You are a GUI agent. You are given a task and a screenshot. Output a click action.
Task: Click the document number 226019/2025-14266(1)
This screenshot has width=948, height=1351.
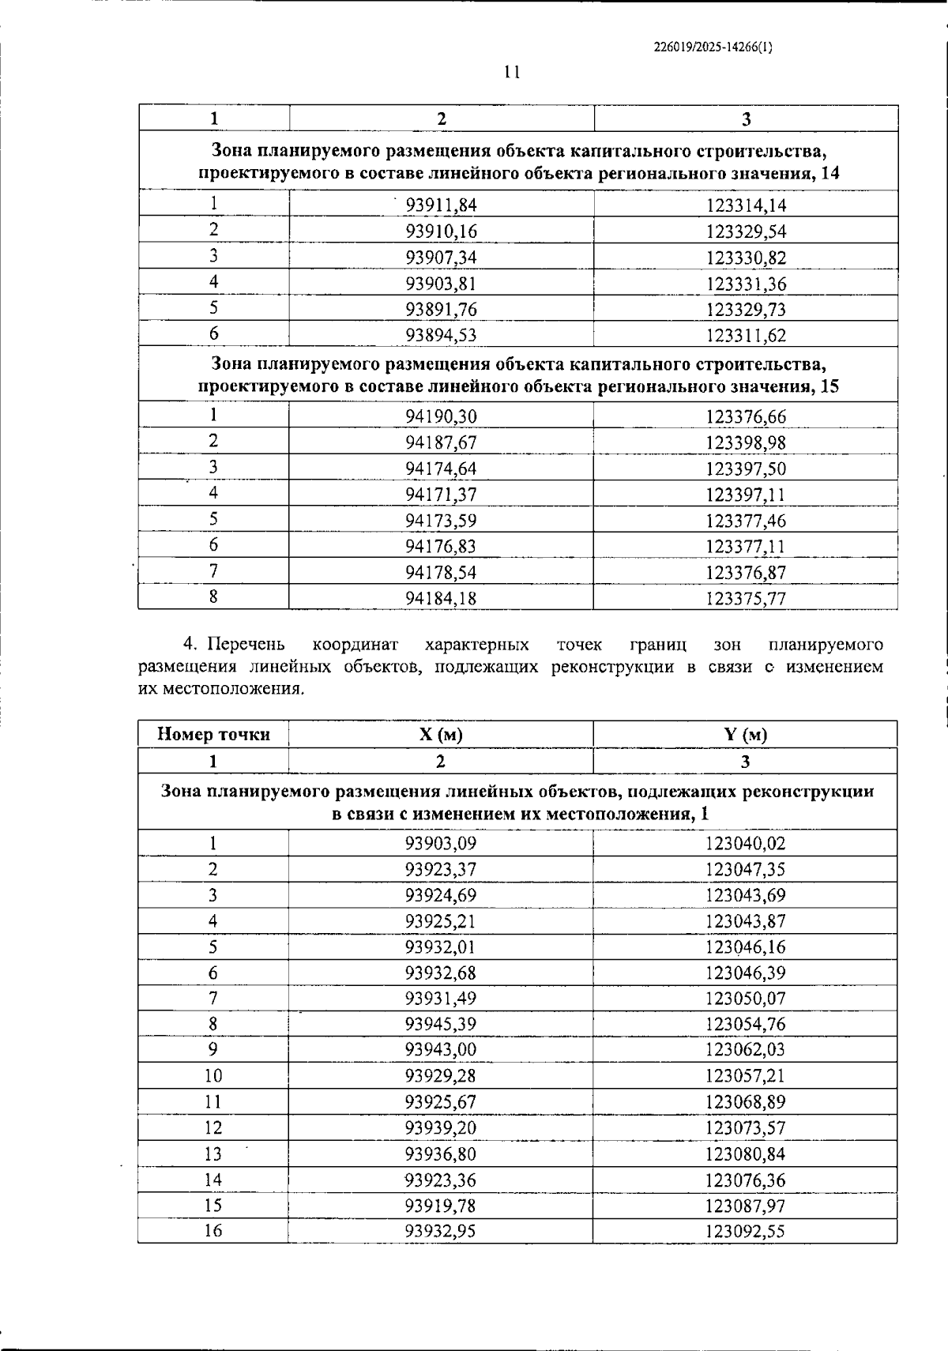pyautogui.click(x=713, y=47)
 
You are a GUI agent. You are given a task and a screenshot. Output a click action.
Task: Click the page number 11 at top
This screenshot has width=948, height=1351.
pyautogui.click(x=511, y=73)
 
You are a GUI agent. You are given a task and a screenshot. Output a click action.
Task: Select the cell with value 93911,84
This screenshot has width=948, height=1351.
pyautogui.click(x=441, y=205)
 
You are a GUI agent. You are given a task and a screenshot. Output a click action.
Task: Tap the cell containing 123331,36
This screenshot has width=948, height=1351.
pyautogui.click(x=746, y=284)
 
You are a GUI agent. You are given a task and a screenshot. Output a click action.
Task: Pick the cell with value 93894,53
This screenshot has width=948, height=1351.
pyautogui.click(x=441, y=335)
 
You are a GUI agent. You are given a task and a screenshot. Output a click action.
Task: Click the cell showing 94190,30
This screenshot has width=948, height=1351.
pyautogui.click(x=441, y=416)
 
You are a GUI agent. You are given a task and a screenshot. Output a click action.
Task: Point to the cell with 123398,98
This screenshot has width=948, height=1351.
pyautogui.click(x=746, y=442)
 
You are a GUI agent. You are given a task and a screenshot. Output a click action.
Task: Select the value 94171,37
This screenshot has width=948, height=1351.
pyautogui.click(x=441, y=495)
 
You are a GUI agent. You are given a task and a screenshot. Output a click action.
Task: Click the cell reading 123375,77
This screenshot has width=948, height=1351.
pyautogui.click(x=746, y=598)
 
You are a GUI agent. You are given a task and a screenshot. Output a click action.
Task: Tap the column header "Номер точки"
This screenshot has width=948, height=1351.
pyautogui.click(x=213, y=735)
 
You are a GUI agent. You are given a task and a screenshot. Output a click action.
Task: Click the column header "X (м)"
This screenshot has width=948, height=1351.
pyautogui.click(x=441, y=735)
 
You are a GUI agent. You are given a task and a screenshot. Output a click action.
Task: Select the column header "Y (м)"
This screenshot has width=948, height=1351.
pyautogui.click(x=745, y=735)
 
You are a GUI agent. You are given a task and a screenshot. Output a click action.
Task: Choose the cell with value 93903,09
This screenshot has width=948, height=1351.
pyautogui.click(x=441, y=843)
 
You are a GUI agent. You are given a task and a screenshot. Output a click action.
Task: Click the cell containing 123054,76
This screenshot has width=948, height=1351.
pyautogui.click(x=745, y=1025)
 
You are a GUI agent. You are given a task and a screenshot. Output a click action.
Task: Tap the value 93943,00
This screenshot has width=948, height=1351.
pyautogui.click(x=441, y=1050)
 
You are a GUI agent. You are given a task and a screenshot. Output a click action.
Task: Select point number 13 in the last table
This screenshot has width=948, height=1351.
pyautogui.click(x=213, y=1154)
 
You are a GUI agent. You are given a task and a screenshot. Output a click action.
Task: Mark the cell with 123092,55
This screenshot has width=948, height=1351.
pyautogui.click(x=745, y=1231)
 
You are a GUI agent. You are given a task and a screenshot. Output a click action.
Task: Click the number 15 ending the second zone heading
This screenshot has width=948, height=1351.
pyautogui.click(x=829, y=387)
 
